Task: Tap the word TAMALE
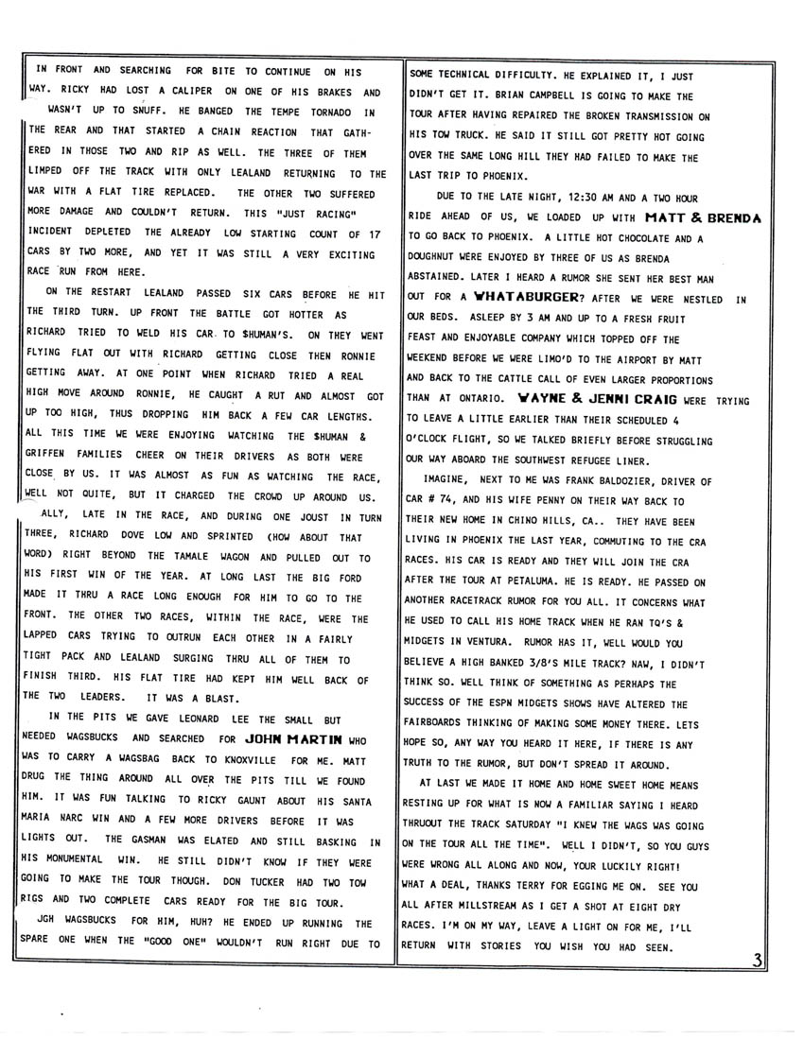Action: [232, 558]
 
